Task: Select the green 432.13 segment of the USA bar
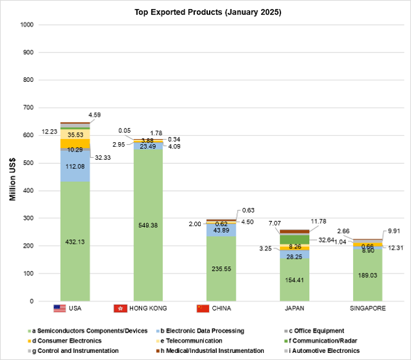coord(75,241)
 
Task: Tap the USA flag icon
coord(60,308)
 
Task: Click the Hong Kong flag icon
coord(119,308)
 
